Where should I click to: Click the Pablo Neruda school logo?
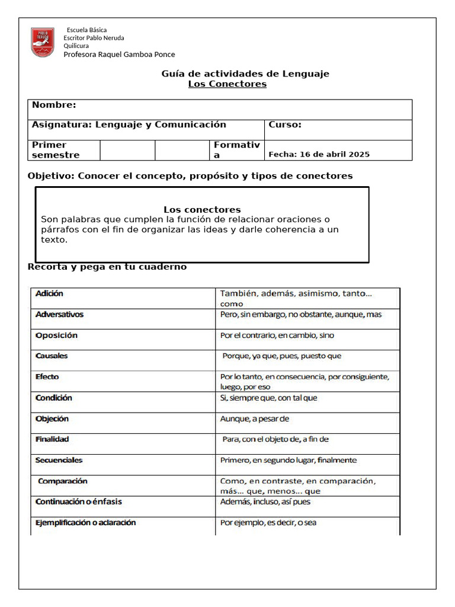43,43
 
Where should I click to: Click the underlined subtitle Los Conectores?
227,84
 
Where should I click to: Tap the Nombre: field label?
54,105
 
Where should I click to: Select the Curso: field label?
285,124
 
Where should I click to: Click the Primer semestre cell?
56,150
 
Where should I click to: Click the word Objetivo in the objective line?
50,176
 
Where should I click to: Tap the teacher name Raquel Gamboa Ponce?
119,55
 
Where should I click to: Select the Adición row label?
49,293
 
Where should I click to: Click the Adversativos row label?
59,314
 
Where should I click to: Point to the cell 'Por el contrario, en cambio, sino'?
277,336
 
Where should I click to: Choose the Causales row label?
52,356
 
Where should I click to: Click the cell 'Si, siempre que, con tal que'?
268,398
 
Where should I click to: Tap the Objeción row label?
52,419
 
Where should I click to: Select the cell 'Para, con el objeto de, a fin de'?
275,440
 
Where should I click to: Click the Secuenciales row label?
59,461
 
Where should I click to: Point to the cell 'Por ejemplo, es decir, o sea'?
268,523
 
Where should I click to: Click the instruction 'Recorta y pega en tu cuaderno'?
107,267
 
